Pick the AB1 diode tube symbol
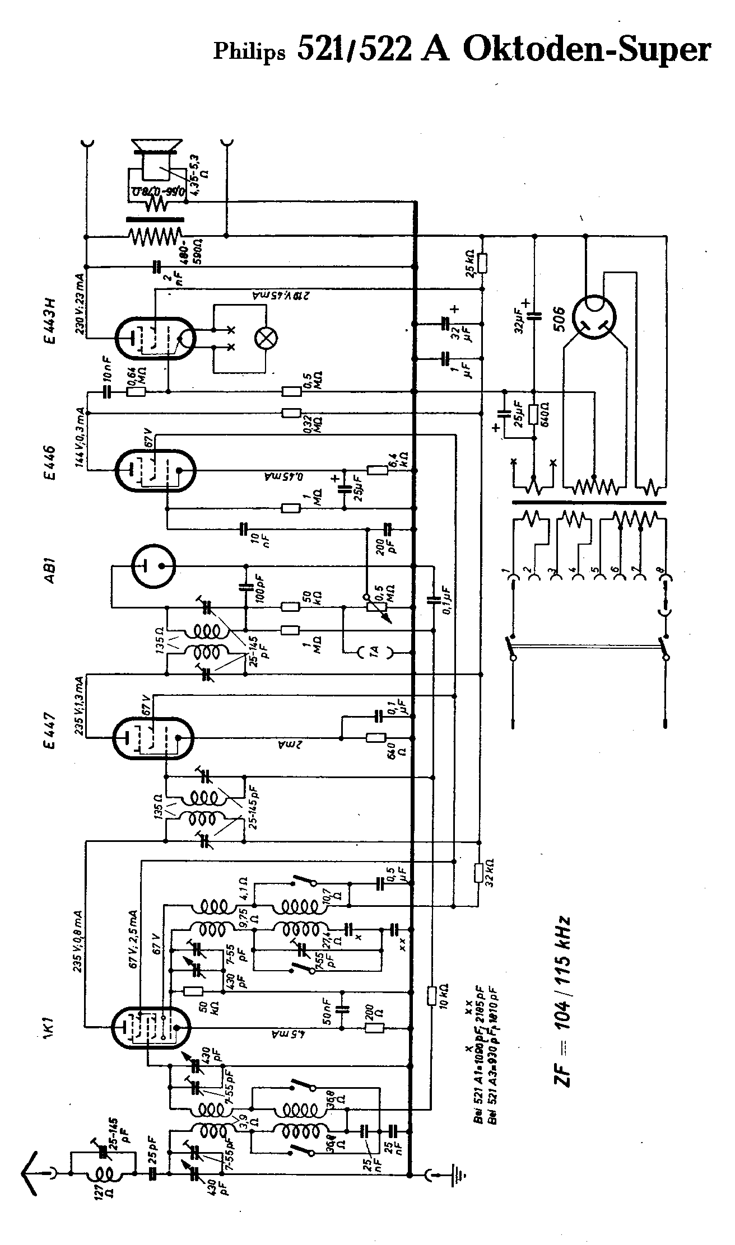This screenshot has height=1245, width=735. pyautogui.click(x=152, y=568)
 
